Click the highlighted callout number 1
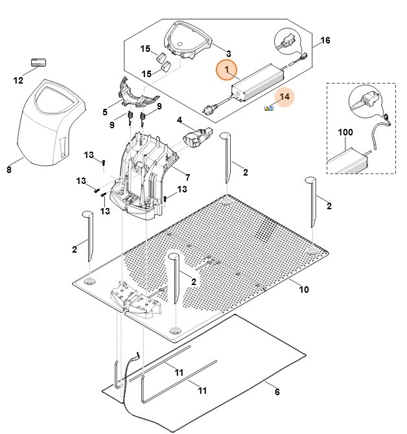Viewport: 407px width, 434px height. tap(226, 70)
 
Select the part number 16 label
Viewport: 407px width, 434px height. tap(325, 41)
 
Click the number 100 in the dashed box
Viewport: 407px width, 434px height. tap(345, 132)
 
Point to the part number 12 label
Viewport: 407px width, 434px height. tap(18, 81)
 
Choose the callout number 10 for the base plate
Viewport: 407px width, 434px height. tap(303, 290)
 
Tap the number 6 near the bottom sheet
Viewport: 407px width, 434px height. tap(277, 392)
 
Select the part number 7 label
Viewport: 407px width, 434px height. tap(187, 177)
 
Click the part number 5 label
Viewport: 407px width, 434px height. tap(104, 112)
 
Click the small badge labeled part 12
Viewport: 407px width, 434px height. tap(40, 63)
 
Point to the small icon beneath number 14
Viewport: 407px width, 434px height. tap(269, 108)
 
